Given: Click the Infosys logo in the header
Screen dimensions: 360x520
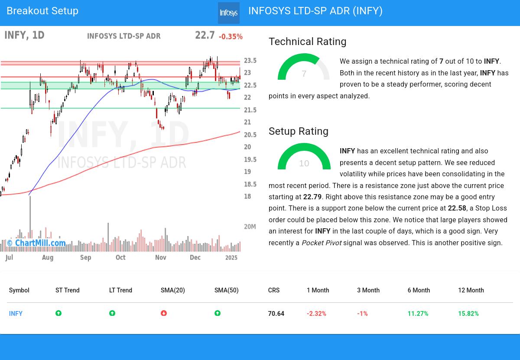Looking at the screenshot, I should (x=228, y=13).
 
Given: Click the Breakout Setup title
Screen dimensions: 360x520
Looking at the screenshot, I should (x=42, y=11).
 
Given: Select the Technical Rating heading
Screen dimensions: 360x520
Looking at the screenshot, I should (x=307, y=42).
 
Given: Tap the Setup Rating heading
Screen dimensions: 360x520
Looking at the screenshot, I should (x=298, y=131).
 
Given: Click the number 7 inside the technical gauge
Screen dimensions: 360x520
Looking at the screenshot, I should (x=304, y=74).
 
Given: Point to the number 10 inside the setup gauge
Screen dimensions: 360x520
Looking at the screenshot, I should (x=304, y=163).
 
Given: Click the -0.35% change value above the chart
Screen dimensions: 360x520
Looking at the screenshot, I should (x=231, y=37).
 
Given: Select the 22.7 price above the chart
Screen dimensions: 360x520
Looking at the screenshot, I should (x=205, y=35).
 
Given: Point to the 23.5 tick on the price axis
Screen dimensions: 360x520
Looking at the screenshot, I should (x=250, y=61).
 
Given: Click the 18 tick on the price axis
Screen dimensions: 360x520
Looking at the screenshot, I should (x=247, y=197).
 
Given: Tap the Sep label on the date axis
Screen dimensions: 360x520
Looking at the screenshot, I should (x=86, y=257).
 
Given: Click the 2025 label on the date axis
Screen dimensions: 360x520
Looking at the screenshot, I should (x=231, y=257).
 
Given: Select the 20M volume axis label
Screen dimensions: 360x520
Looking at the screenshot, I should (x=250, y=227).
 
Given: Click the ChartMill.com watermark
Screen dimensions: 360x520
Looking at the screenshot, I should (x=36, y=243).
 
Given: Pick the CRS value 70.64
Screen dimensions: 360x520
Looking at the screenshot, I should (x=276, y=314).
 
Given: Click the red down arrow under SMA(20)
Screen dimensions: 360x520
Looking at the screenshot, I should (x=164, y=313).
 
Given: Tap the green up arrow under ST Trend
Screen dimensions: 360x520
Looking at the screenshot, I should (x=58, y=313).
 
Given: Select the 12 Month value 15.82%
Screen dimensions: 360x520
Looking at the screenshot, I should (x=468, y=314).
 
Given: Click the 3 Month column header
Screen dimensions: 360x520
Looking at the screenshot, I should (x=368, y=290).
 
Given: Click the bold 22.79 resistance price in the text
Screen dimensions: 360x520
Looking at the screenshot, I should (x=312, y=197).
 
